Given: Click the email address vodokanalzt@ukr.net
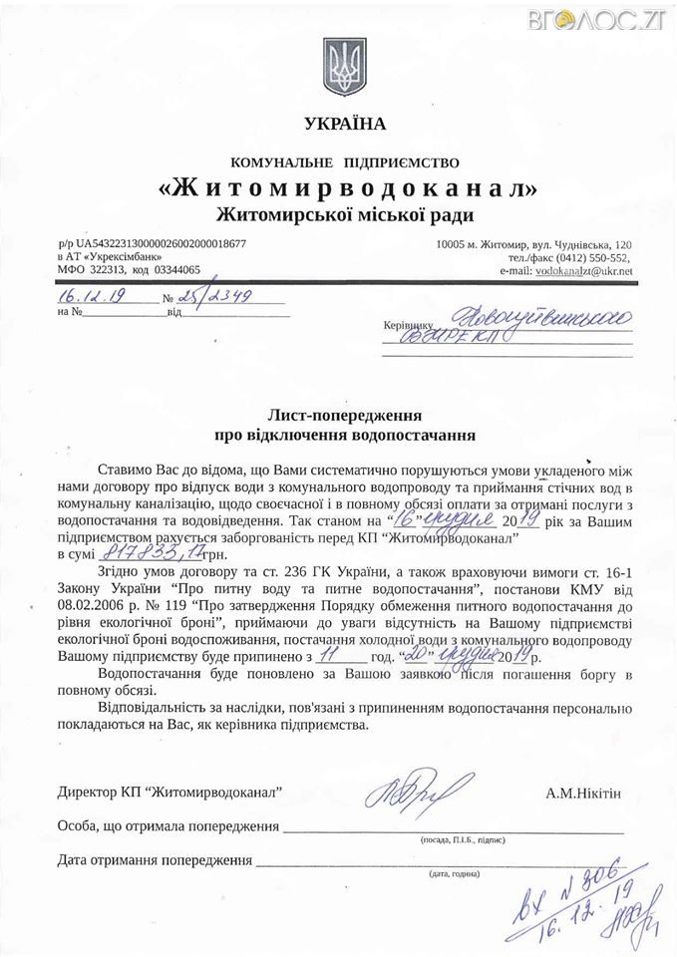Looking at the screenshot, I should (x=583, y=270).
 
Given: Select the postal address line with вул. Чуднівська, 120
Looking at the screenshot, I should (x=533, y=243).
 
